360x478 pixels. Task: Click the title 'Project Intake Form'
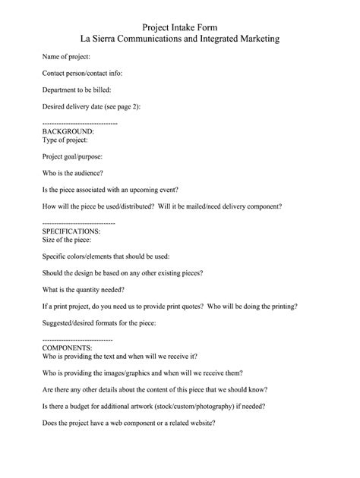180,25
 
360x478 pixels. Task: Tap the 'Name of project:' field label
67,57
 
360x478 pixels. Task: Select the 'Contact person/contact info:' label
82,74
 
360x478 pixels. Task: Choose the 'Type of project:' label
67,140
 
